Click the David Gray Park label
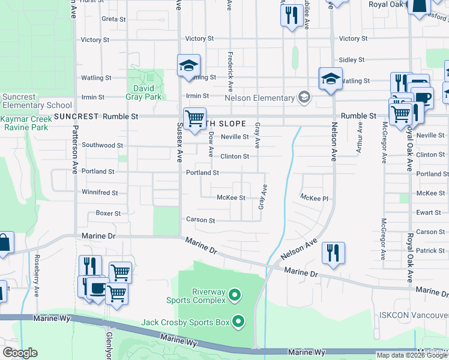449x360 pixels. point(143,92)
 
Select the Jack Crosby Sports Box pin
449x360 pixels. point(238,322)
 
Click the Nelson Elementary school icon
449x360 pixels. point(304,98)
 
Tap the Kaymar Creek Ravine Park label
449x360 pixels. point(24,124)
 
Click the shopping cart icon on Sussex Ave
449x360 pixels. point(194,119)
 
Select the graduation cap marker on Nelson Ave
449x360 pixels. point(330,79)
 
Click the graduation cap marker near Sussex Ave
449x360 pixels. point(188,65)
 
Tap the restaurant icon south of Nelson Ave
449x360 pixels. point(333,252)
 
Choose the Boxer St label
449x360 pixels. point(109,213)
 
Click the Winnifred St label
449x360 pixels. point(100,193)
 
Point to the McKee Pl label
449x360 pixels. point(315,197)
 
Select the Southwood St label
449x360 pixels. point(103,145)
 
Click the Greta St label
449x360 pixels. point(113,19)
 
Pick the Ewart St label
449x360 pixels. point(429,212)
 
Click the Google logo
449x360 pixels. point(20,352)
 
